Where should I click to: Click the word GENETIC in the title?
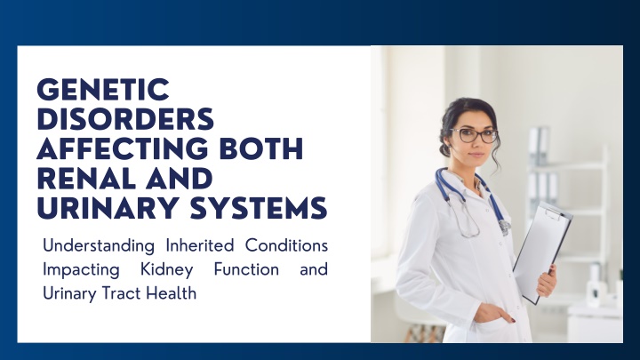pos(103,90)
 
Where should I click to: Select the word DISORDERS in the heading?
pos(125,119)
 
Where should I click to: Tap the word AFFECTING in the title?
pos(123,148)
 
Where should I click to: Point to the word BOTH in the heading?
pos(261,148)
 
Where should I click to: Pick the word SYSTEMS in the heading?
pos(259,208)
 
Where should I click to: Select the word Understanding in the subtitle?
pos(99,246)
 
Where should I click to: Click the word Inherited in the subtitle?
pos(200,245)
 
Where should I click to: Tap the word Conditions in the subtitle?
pos(286,245)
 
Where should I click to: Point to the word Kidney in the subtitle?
pos(166,270)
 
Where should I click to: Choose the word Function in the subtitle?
pos(246,269)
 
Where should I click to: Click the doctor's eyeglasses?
pos(475,135)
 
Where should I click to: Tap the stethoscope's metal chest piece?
pos(505,227)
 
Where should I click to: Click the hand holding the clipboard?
pos(547,280)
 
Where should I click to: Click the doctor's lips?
pos(476,155)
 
